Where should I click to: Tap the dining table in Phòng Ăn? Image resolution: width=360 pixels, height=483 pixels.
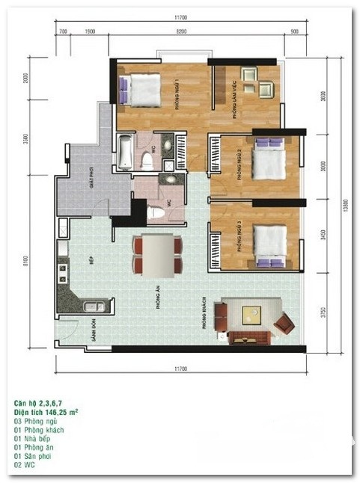[156, 254]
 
